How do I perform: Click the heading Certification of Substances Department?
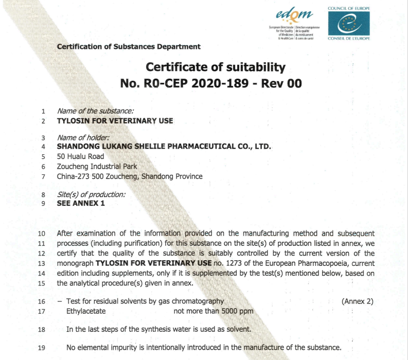[x=129, y=47]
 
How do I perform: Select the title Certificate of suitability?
[x=216, y=67]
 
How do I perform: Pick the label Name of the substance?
[x=95, y=111]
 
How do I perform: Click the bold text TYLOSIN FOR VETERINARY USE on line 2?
[x=115, y=121]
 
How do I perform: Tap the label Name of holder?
[x=83, y=137]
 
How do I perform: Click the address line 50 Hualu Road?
[x=80, y=156]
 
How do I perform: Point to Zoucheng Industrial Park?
[x=96, y=166]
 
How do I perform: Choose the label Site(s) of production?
[x=91, y=194]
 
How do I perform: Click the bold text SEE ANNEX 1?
[x=81, y=203]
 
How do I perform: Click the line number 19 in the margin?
[x=42, y=348]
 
